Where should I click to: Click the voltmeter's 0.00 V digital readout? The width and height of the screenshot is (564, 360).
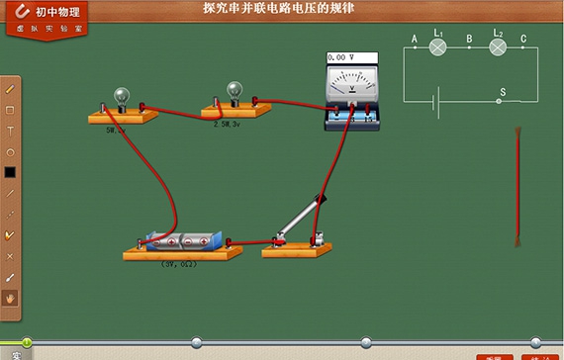tap(341, 58)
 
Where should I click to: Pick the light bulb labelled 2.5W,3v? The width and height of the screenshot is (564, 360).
tap(235, 91)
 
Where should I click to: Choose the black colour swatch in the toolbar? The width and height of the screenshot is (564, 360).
tap(11, 172)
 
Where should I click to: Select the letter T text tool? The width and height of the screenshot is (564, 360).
tap(11, 131)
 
